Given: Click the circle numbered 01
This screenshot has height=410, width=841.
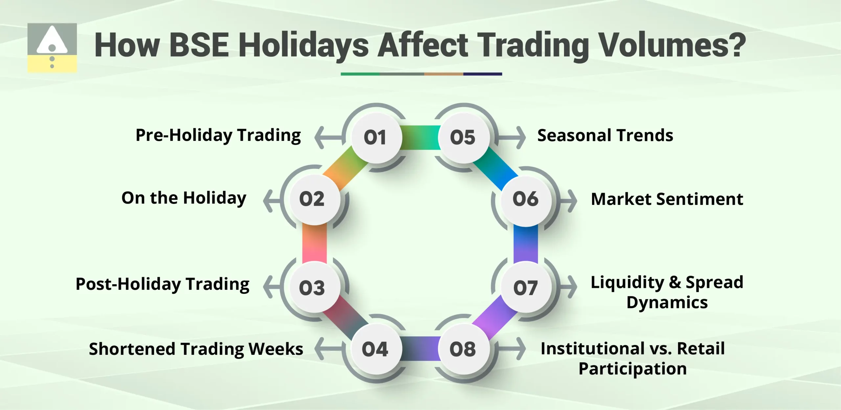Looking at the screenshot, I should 376,137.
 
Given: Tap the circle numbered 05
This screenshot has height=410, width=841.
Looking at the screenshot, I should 463,137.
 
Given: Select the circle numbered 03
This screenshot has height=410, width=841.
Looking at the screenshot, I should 312,288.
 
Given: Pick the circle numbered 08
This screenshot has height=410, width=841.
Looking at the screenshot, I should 463,349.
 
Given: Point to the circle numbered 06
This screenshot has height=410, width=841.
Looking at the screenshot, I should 526,199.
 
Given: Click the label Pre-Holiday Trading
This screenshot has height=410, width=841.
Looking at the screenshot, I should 218,136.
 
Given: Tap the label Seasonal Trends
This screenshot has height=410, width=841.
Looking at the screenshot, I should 605,136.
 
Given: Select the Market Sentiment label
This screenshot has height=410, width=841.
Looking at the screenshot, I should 667,199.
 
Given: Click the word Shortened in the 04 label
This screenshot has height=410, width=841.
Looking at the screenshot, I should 132,349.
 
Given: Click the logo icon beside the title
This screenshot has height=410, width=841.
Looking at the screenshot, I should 52,48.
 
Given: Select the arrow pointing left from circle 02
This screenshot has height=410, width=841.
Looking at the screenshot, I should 271,201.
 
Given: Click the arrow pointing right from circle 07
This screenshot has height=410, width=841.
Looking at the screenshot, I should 569,287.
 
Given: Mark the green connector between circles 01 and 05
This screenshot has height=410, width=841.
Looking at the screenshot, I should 420,137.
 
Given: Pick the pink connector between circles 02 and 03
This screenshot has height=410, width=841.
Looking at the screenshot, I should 314,244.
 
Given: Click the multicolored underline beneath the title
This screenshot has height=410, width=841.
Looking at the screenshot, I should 421,74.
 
